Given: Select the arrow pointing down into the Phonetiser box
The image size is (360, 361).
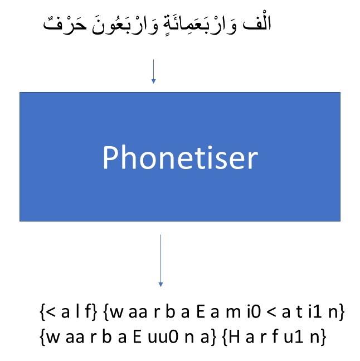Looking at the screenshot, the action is click(x=154, y=71).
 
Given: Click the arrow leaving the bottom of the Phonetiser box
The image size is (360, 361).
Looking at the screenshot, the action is click(x=160, y=261).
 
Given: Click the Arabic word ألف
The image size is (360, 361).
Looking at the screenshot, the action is click(x=257, y=23).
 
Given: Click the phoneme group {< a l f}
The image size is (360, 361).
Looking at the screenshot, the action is click(x=69, y=312).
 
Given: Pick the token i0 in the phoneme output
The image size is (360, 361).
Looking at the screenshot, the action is click(x=254, y=312).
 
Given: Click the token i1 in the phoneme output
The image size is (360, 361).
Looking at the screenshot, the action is click(x=315, y=312).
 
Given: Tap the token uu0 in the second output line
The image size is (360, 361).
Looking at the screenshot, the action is click(x=163, y=337).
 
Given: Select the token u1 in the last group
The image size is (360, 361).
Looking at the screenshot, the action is click(x=293, y=337).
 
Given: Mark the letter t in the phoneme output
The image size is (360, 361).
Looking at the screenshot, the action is click(x=299, y=312).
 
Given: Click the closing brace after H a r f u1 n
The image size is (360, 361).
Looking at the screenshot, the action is click(x=323, y=337).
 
